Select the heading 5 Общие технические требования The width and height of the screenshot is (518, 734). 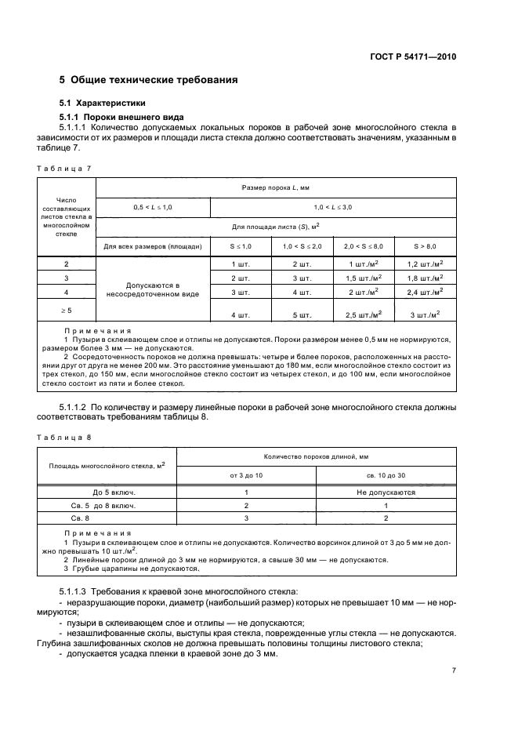pos(149,80)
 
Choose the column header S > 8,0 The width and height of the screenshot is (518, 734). pos(426,246)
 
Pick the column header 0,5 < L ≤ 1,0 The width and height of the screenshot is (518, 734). pos(154,205)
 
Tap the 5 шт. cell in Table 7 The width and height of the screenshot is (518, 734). pos(301,314)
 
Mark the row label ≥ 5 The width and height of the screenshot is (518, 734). pos(67,311)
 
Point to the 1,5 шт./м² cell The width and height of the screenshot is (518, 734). pos(363,278)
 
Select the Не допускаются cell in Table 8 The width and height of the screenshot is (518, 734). pos(386,492)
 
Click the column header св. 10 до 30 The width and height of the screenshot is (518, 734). pos(386,475)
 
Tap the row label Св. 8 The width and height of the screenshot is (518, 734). pos(82,518)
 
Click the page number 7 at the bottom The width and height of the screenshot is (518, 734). pos(454,670)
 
